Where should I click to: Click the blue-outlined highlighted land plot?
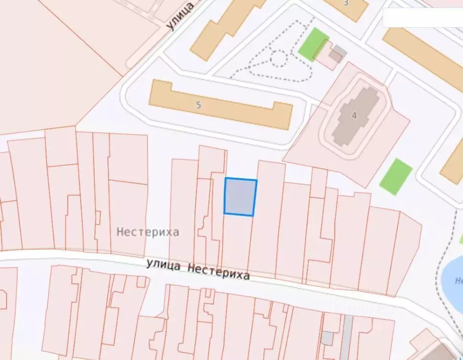[x=240, y=197]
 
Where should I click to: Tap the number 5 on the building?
[x=198, y=105]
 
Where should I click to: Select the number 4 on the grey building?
[x=354, y=115]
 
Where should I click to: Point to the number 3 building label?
[x=346, y=3]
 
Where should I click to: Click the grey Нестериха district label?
[x=148, y=232]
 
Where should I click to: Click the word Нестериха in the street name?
[x=218, y=272]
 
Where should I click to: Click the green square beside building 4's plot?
[x=396, y=176]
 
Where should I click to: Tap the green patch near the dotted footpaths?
[x=313, y=44]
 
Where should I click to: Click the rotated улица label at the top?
[x=181, y=15]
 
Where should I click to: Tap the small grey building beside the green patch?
[x=339, y=51]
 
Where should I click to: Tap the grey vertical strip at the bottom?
[x=346, y=337]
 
